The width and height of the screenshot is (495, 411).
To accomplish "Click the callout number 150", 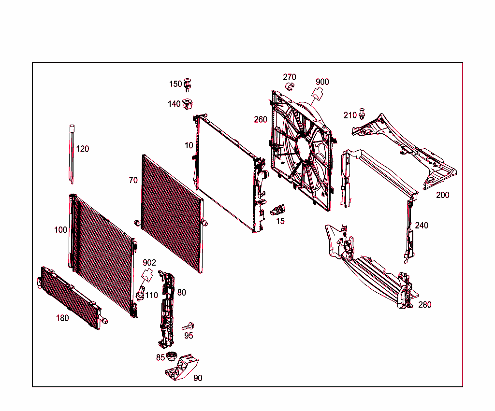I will tap(175, 84).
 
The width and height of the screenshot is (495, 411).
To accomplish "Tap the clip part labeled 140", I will tap(188, 103).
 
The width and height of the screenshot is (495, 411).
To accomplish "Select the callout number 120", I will tap(83, 149).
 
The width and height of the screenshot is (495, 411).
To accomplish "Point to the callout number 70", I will tap(133, 180).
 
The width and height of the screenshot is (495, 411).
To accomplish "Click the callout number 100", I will tap(61, 230).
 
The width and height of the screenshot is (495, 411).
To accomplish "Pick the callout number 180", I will tap(62, 318).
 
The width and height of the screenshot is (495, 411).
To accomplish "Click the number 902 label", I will tap(149, 263).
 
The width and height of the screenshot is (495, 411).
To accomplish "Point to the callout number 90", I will tap(198, 378).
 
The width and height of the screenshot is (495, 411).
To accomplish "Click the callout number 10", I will tap(189, 145).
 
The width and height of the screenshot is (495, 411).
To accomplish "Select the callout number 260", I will tap(261, 119).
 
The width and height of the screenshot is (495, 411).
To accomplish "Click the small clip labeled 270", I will tap(290, 86).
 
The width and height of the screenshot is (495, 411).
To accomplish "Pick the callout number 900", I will tap(322, 82).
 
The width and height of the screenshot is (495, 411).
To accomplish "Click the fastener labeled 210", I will tap(362, 114).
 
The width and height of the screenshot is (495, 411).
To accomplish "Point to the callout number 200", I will tap(442, 195).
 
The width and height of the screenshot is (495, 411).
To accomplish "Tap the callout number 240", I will tap(422, 225).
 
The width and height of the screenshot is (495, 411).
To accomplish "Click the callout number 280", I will tap(425, 305).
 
